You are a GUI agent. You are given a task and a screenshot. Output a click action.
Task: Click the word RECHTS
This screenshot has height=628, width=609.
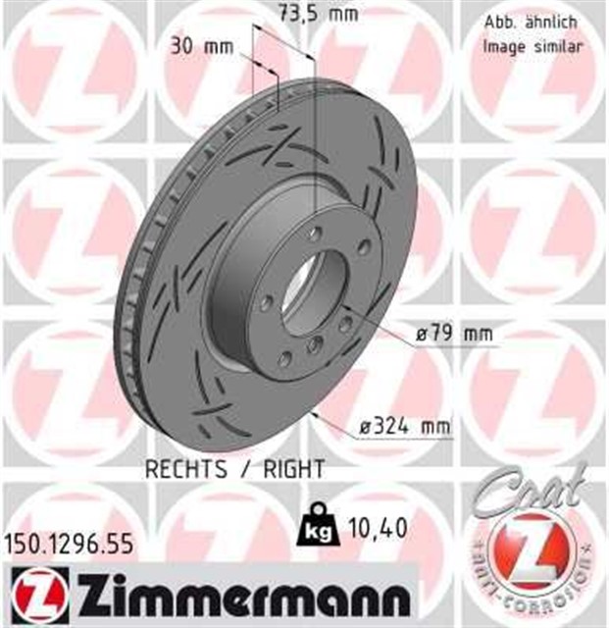pos(185,469)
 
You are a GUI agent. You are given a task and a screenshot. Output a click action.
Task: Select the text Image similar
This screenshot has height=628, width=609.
pos(533,46)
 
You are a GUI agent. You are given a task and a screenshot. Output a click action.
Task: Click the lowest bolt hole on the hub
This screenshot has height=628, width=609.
pos(313,343)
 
